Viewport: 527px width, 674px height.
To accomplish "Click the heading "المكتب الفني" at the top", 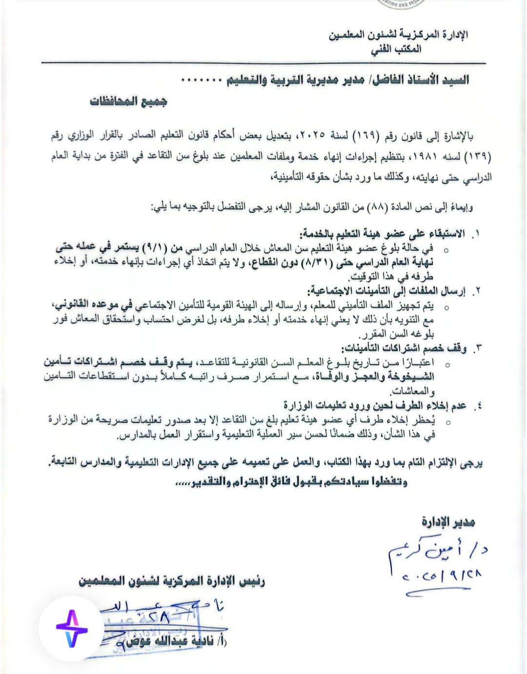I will pos(396,49).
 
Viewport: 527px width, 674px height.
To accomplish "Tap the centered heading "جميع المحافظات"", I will pos(129,101).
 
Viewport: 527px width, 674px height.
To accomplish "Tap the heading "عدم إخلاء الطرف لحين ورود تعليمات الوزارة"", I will pos(375,406).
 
